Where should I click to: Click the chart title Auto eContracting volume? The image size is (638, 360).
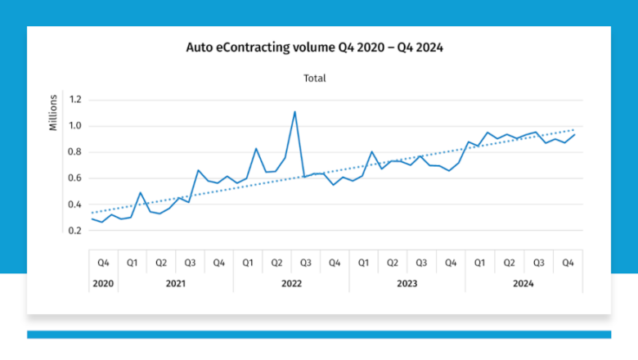pos(315,47)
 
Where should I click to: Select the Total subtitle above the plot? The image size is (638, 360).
pos(315,79)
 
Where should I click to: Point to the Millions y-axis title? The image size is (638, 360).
pos(53,113)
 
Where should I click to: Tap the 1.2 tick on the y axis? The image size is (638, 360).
pos(76,100)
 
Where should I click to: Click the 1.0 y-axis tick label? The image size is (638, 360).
pos(76,126)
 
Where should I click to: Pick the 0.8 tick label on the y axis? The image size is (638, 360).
pos(76,152)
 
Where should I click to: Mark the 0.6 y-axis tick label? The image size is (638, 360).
pos(76,178)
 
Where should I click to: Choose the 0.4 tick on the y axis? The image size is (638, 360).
pos(76,205)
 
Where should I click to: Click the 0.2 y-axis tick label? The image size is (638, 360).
pos(76,231)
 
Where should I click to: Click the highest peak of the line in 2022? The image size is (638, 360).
pos(294,111)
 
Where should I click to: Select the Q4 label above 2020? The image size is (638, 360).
pos(103,263)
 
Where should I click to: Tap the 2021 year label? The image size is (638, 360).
pos(175,283)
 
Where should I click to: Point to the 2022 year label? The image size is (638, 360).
pos(291,283)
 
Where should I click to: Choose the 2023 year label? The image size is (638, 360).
pos(407,283)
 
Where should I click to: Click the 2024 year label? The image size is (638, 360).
pos(523,283)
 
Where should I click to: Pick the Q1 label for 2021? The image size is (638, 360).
pos(132,263)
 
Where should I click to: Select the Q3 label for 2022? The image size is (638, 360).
pos(306,263)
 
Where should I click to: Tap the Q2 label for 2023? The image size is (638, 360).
pos(393,263)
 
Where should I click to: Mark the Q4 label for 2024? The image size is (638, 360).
pos(567,263)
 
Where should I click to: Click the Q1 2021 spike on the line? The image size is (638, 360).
pos(141,193)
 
